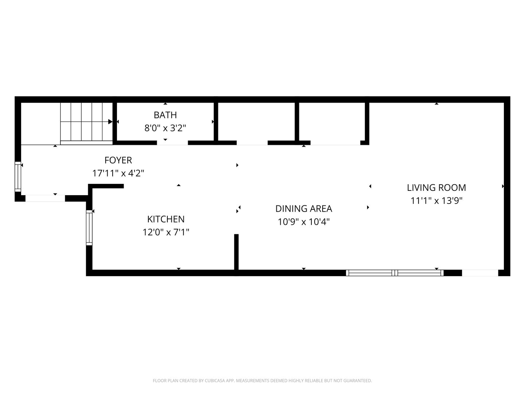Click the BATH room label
(x=165, y=115)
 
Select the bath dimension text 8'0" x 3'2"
(x=165, y=128)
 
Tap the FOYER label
(x=118, y=160)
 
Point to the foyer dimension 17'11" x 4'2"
(x=118, y=173)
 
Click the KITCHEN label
(x=166, y=219)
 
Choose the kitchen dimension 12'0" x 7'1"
(x=166, y=232)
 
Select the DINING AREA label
(x=304, y=209)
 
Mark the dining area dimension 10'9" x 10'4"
(x=304, y=222)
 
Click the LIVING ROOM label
(x=436, y=188)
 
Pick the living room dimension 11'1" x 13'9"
(x=436, y=201)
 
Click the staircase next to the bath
(x=86, y=124)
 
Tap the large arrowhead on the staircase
(x=110, y=121)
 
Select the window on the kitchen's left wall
(x=89, y=228)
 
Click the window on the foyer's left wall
(x=18, y=177)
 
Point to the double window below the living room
(x=394, y=273)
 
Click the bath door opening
(x=172, y=143)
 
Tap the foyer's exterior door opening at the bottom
(x=45, y=198)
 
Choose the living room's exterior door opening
(x=480, y=273)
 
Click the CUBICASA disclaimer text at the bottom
(x=262, y=381)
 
